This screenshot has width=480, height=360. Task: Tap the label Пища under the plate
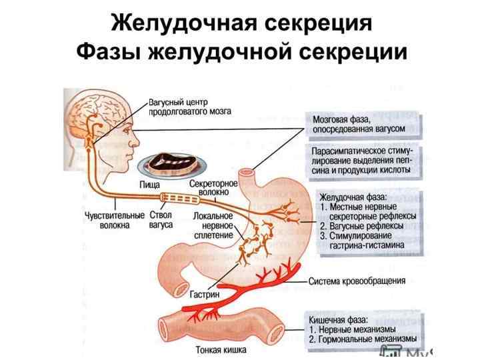tap(152, 183)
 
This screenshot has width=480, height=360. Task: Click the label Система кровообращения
tap(357, 281)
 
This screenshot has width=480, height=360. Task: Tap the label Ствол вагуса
tap(161, 220)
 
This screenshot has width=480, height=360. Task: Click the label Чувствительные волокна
tap(114, 220)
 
